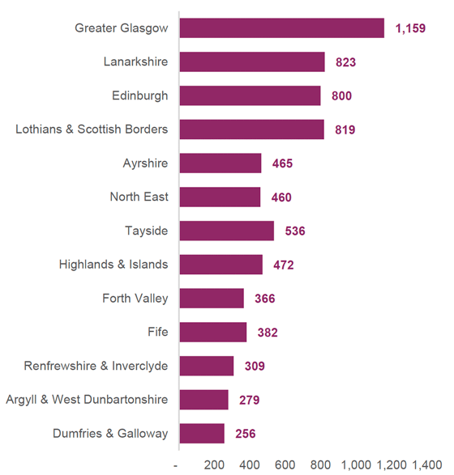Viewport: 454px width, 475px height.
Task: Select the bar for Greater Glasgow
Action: (x=281, y=28)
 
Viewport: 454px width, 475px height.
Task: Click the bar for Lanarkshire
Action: (x=251, y=62)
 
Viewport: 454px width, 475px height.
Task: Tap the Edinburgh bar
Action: (x=250, y=95)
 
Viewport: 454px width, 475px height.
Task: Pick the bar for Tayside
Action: (x=226, y=231)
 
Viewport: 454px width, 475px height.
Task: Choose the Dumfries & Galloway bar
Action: (x=201, y=434)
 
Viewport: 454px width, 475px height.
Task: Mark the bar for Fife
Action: (x=212, y=332)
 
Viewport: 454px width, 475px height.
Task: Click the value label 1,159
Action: (x=410, y=28)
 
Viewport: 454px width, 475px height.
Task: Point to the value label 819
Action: (x=345, y=129)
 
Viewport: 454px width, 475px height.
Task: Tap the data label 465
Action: (x=282, y=163)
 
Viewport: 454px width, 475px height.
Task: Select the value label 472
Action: (x=283, y=265)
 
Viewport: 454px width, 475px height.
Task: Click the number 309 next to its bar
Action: (x=254, y=366)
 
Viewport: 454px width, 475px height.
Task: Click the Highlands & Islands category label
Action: (x=113, y=265)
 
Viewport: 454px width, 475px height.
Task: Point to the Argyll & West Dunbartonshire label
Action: (x=87, y=400)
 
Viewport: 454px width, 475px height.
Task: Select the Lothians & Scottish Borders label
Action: (x=92, y=129)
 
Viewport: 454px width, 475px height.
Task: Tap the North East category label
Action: (x=139, y=197)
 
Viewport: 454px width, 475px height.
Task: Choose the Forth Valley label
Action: (x=135, y=299)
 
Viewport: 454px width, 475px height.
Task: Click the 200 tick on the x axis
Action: (x=214, y=465)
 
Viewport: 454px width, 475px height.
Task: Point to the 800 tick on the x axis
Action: (x=320, y=465)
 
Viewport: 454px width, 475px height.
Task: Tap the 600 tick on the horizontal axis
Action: (x=285, y=465)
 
